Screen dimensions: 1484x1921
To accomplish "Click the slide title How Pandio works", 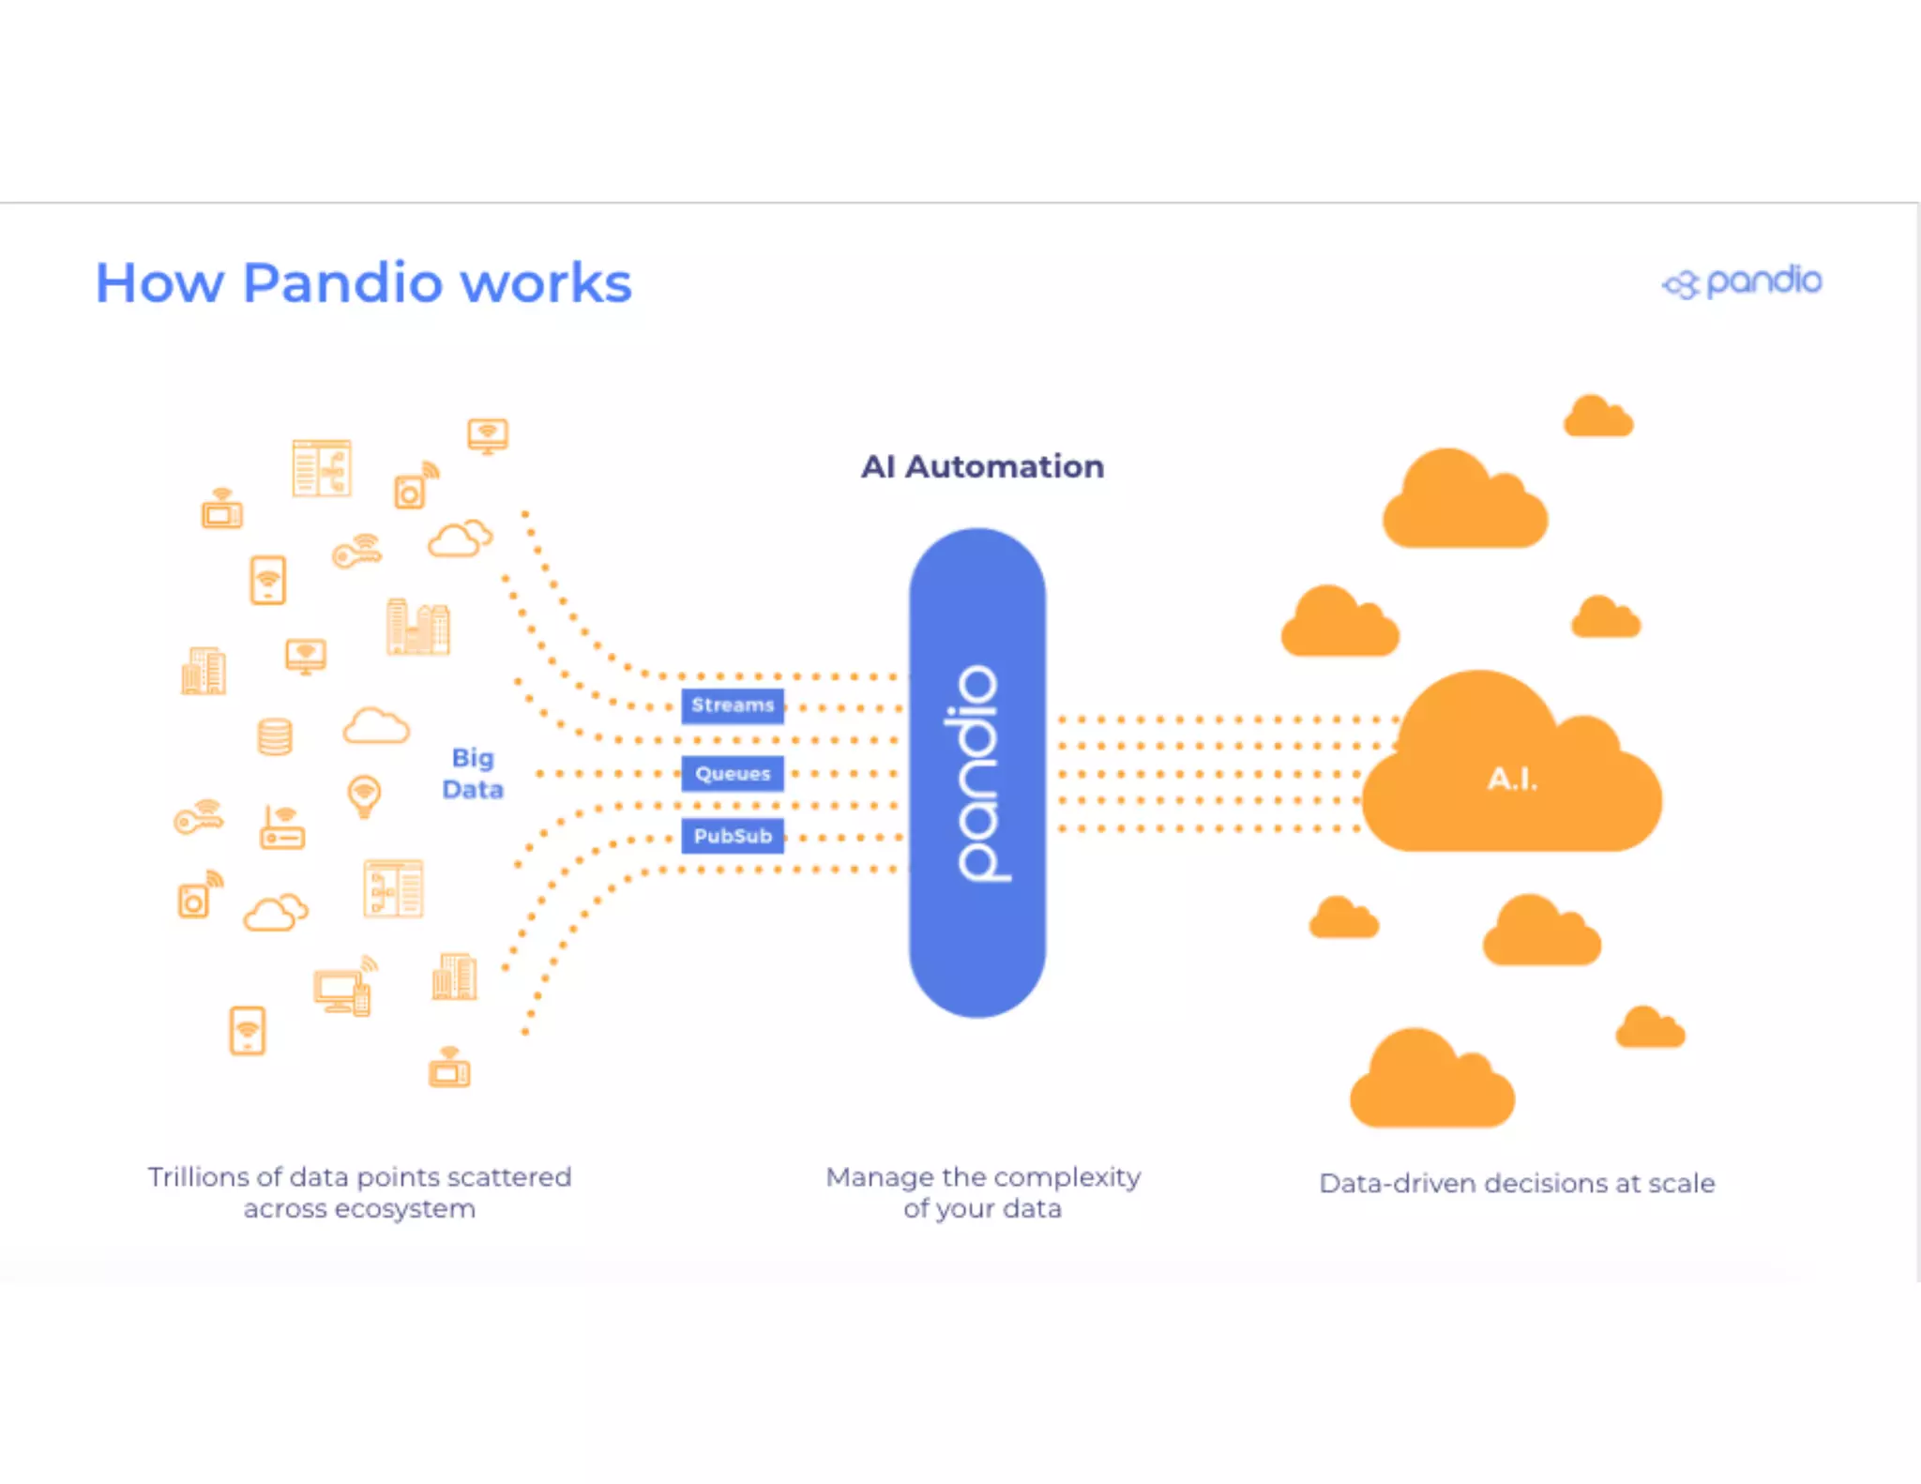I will pyautogui.click(x=363, y=282).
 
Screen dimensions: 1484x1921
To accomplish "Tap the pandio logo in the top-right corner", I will pyautogui.click(x=1742, y=281).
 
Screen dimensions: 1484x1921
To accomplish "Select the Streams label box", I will pyautogui.click(x=733, y=704).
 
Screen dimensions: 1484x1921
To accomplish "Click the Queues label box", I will pyautogui.click(x=733, y=774).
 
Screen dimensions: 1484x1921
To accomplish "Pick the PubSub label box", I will pyautogui.click(x=733, y=836).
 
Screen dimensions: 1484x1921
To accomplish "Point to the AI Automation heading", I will pyautogui.click(x=982, y=466).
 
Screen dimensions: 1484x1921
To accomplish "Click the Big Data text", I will pyautogui.click(x=473, y=773).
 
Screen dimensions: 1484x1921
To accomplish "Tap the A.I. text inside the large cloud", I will pyautogui.click(x=1512, y=779).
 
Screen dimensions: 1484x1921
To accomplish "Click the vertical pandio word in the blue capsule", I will pyautogui.click(x=977, y=773).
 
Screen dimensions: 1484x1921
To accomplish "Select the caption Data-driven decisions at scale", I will pyautogui.click(x=1517, y=1183).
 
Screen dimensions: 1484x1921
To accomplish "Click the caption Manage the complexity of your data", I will pyautogui.click(x=982, y=1192).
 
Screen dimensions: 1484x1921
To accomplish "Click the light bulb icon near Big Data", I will pyautogui.click(x=364, y=796).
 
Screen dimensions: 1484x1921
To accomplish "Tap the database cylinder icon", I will pyautogui.click(x=275, y=736).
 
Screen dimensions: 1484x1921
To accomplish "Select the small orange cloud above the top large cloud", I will pyautogui.click(x=1597, y=416).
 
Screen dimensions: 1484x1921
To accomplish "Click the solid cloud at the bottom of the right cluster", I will pyautogui.click(x=1431, y=1081).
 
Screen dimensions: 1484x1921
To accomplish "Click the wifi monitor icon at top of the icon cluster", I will pyautogui.click(x=488, y=435).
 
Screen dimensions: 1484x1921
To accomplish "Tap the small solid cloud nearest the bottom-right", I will pyautogui.click(x=1650, y=1028).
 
